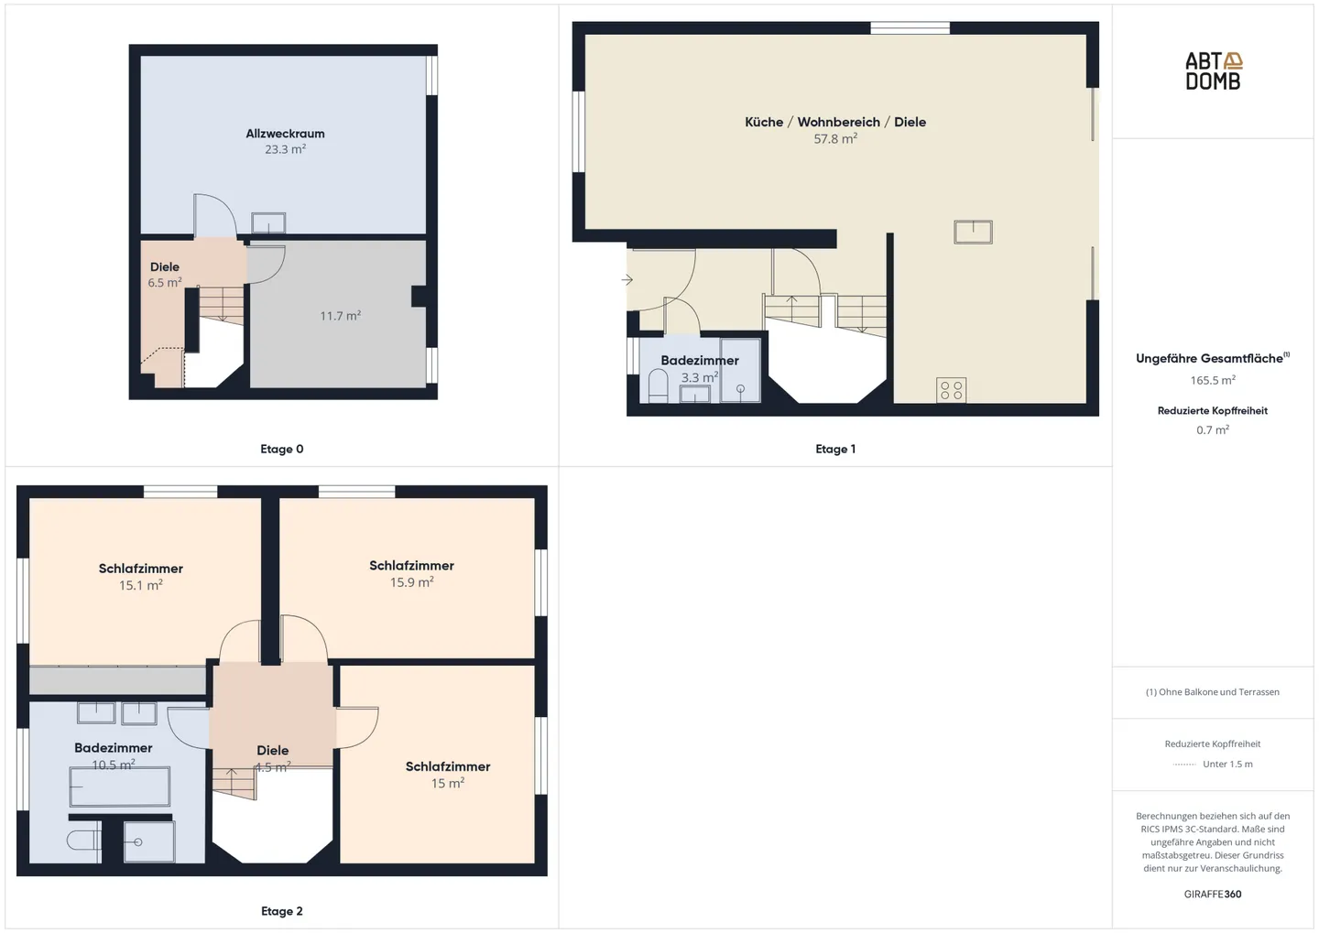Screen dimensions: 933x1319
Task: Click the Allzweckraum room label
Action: (285, 134)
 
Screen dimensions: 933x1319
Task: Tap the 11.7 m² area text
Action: (340, 316)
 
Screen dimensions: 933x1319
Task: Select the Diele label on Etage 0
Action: (165, 267)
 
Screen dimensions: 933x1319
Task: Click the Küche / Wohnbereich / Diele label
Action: (835, 122)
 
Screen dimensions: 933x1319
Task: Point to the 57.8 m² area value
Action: (835, 139)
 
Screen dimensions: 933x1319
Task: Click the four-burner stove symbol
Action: (952, 391)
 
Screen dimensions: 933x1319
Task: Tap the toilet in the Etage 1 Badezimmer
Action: (658, 386)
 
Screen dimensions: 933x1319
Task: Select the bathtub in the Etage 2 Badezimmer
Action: (120, 787)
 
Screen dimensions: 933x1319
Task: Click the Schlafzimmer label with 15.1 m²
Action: (141, 569)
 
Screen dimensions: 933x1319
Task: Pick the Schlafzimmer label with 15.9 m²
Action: (411, 566)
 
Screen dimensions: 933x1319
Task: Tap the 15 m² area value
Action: (448, 784)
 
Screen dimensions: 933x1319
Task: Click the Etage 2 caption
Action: (281, 911)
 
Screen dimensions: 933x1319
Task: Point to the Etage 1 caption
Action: (835, 449)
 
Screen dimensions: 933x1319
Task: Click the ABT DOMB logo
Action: (1213, 71)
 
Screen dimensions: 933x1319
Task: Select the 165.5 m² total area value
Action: (1213, 380)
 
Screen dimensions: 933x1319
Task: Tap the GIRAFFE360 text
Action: (1213, 894)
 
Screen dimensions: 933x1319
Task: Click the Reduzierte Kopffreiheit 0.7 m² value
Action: (1213, 429)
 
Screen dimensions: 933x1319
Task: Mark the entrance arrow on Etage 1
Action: (627, 279)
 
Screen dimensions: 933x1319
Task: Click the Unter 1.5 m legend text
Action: (1227, 764)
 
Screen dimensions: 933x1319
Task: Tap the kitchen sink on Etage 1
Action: (973, 232)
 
